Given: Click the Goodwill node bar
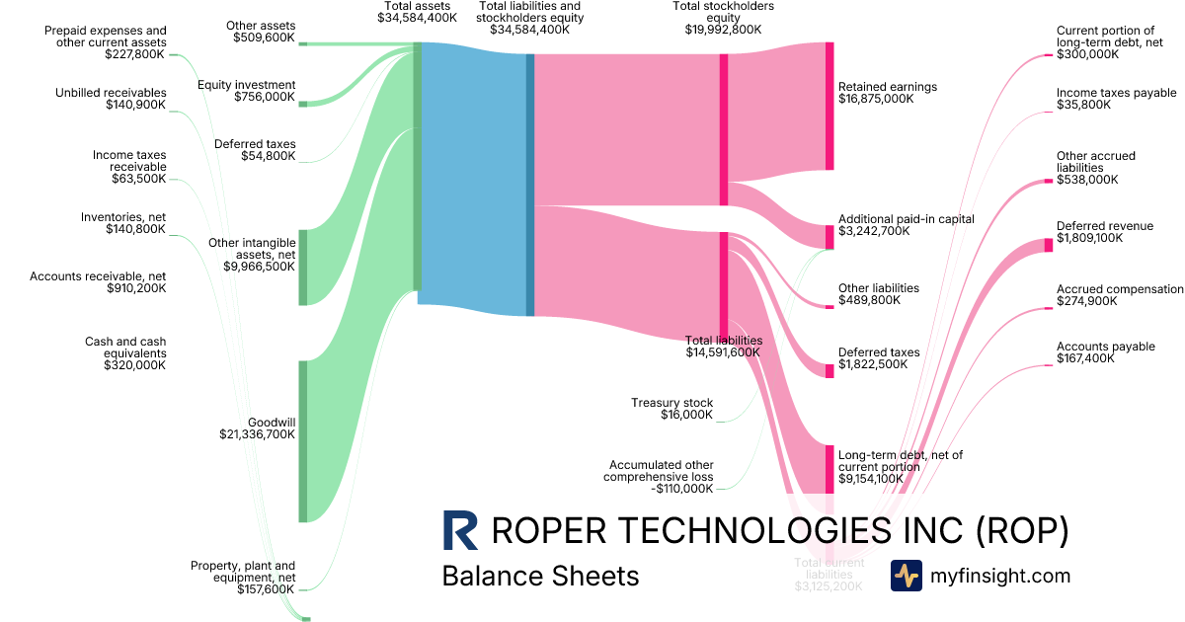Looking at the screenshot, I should [303, 440].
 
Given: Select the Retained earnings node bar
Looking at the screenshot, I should [829, 106].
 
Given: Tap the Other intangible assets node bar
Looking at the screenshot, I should [303, 267].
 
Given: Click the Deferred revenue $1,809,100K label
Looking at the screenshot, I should [1104, 232].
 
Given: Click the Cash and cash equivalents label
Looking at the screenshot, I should [125, 352].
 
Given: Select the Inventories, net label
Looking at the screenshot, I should [123, 222].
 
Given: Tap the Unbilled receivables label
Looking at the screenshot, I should [111, 99].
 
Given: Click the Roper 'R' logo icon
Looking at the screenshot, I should [460, 530].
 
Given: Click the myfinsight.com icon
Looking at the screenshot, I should [906, 576].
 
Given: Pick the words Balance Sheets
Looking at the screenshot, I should [540, 576].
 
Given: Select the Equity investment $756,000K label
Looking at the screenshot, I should [246, 91].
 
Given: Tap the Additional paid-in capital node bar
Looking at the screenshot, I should [829, 236].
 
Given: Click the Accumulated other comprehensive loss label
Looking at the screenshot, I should [661, 476].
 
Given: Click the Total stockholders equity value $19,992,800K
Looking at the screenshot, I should [723, 30].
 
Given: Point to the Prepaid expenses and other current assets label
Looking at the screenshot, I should [106, 43].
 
